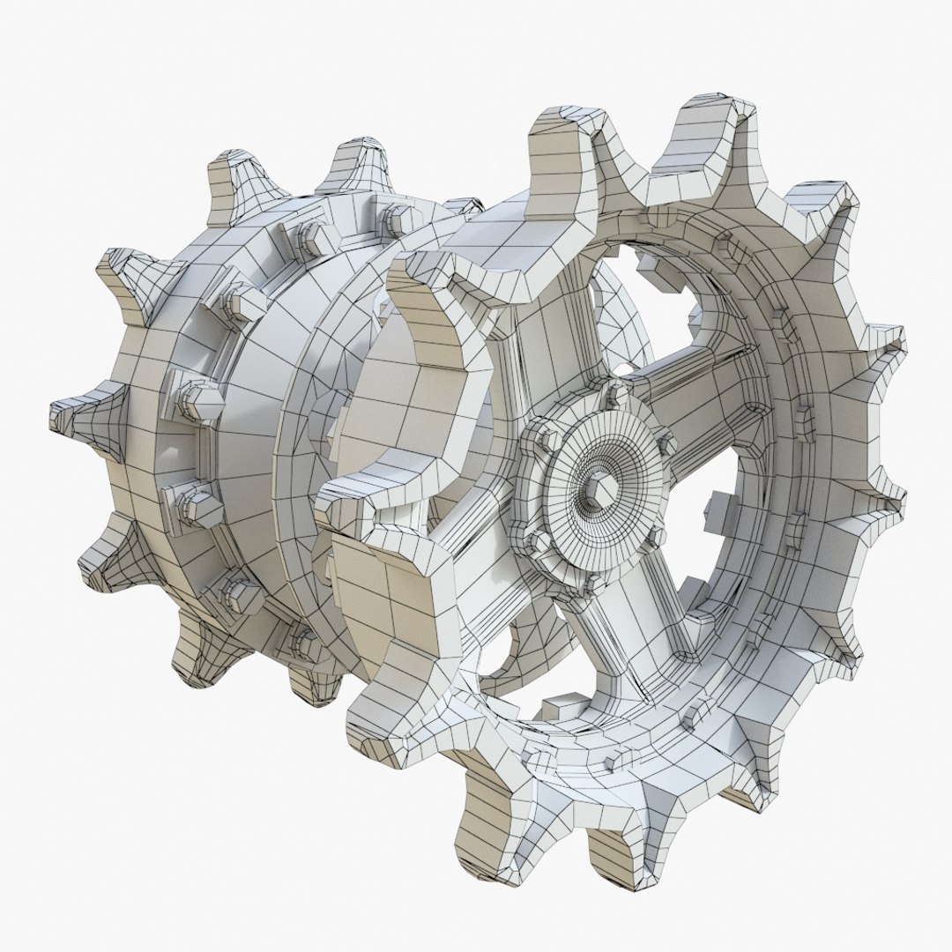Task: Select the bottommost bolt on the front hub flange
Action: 588,584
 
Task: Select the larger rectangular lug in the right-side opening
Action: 723,511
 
